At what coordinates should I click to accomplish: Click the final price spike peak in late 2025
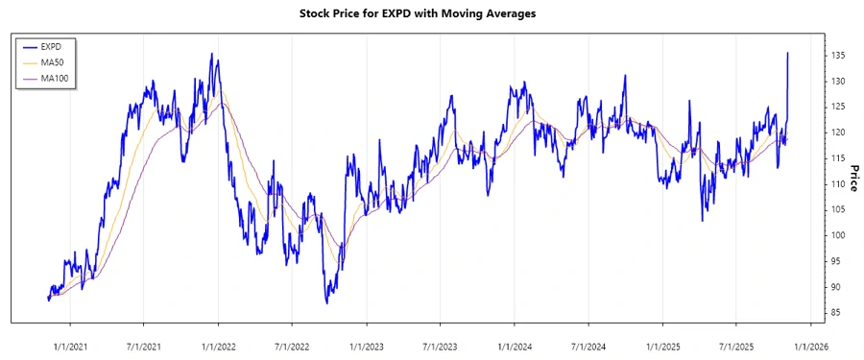coord(787,54)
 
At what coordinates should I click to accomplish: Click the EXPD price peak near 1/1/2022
coord(211,54)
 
